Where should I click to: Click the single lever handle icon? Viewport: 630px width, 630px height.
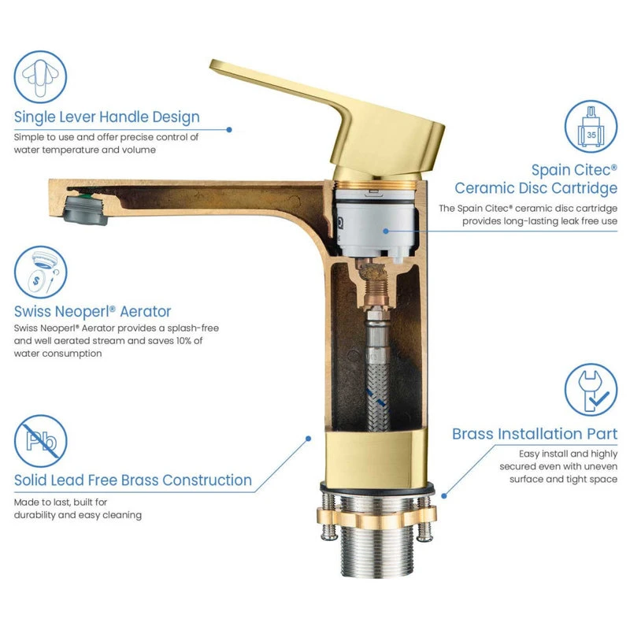point(40,76)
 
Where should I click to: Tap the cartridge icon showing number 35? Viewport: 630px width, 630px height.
point(591,127)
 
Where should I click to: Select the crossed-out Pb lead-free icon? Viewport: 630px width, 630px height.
point(41,441)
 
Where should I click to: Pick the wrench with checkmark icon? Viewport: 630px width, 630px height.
point(591,390)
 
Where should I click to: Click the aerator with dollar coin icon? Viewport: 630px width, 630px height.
point(41,272)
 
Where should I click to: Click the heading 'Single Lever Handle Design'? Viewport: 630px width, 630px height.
point(107,117)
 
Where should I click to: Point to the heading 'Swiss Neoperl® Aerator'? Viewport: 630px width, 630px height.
point(92,311)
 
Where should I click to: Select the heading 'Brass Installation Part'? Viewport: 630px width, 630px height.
point(535,434)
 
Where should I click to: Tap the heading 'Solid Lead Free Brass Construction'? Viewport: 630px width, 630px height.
point(133,480)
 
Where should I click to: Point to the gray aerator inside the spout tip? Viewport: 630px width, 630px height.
point(85,208)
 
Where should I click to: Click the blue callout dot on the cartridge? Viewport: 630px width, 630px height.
point(386,231)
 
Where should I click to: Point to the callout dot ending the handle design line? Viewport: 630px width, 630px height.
point(229,130)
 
